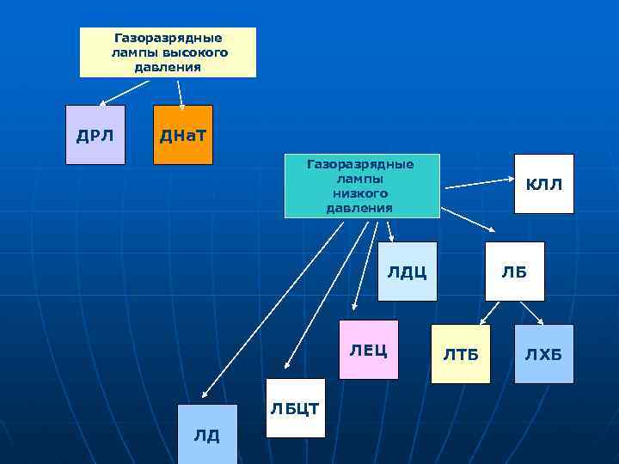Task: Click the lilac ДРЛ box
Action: [x=95, y=134]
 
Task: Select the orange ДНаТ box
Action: [x=182, y=134]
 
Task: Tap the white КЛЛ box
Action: [x=543, y=184]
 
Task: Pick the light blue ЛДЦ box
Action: [x=407, y=272]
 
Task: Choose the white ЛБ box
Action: [x=514, y=272]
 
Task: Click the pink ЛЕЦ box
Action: [x=369, y=349]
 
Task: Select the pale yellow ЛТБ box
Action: [x=461, y=353]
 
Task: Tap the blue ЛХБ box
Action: [x=543, y=353]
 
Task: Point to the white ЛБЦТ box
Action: [x=295, y=407]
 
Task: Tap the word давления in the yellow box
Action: [x=168, y=67]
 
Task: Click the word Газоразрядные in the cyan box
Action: [x=360, y=163]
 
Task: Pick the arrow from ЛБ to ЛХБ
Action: [x=524, y=313]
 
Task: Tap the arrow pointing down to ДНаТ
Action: [x=181, y=94]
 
